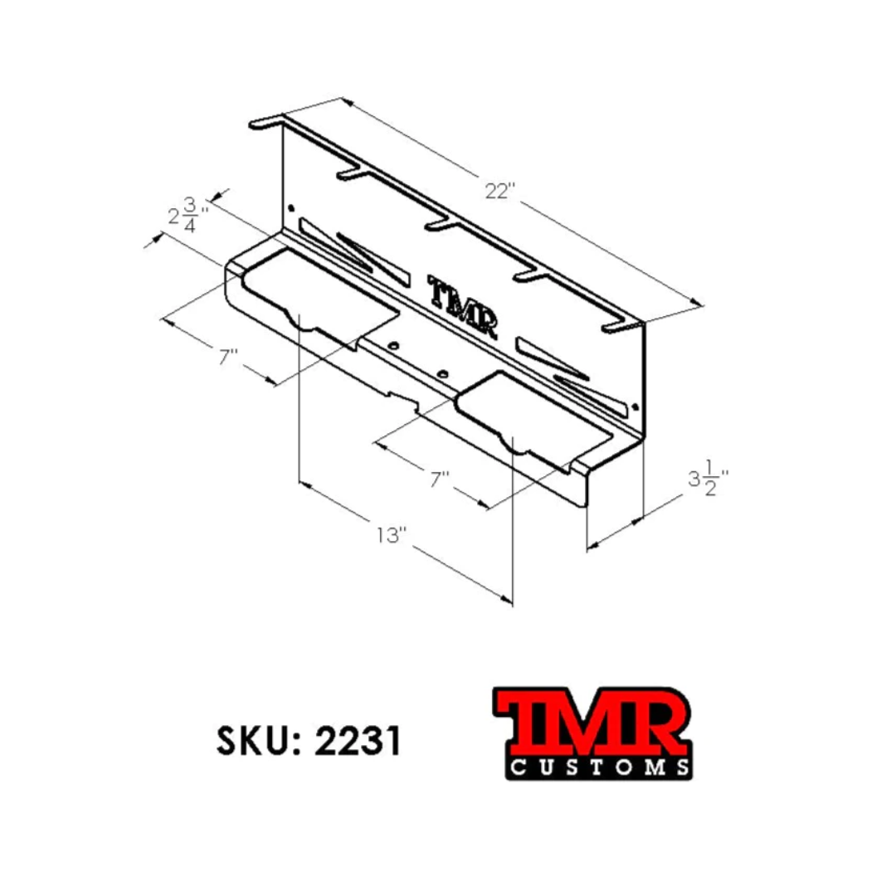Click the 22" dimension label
[500, 192]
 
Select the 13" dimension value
[392, 534]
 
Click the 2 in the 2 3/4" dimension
[173, 217]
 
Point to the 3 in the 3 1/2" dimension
[694, 480]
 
